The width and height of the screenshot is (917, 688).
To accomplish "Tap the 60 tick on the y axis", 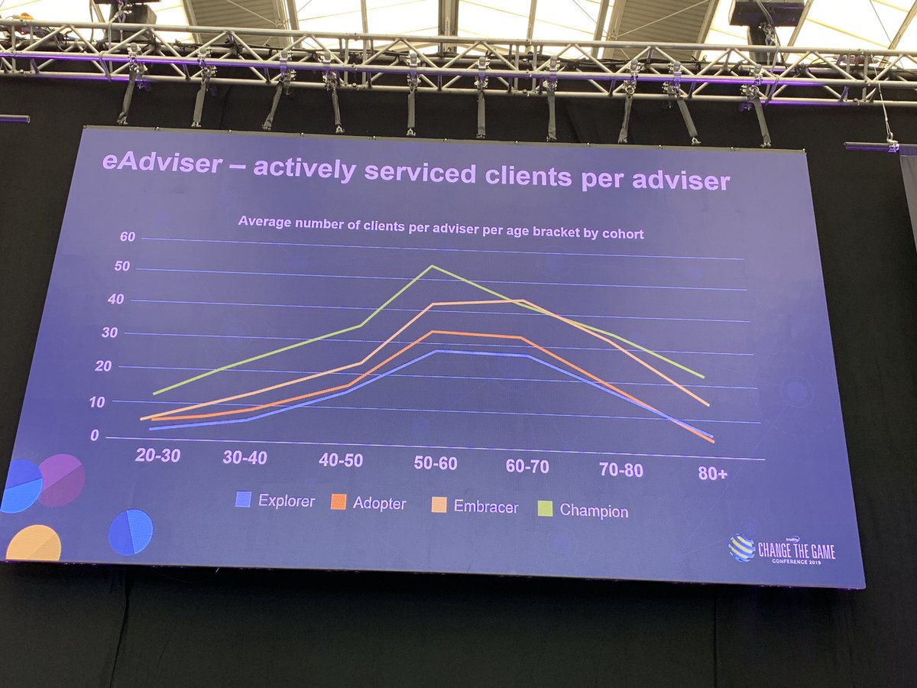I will (127, 237).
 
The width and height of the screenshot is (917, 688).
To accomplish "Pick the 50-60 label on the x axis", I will (436, 464).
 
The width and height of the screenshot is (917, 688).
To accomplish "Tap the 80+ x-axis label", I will (712, 474).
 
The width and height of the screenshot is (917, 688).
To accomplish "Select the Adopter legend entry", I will (369, 504).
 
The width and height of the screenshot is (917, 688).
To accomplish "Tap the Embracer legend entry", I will (475, 506).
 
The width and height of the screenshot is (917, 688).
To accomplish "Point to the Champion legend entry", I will (584, 510).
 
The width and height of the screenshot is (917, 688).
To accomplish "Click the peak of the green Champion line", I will (432, 266).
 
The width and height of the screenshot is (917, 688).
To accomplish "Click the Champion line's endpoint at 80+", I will (703, 377).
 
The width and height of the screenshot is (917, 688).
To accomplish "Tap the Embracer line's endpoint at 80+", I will (708, 405).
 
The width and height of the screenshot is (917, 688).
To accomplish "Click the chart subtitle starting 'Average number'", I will (440, 228).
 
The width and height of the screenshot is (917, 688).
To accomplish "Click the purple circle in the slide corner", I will (61, 480).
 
